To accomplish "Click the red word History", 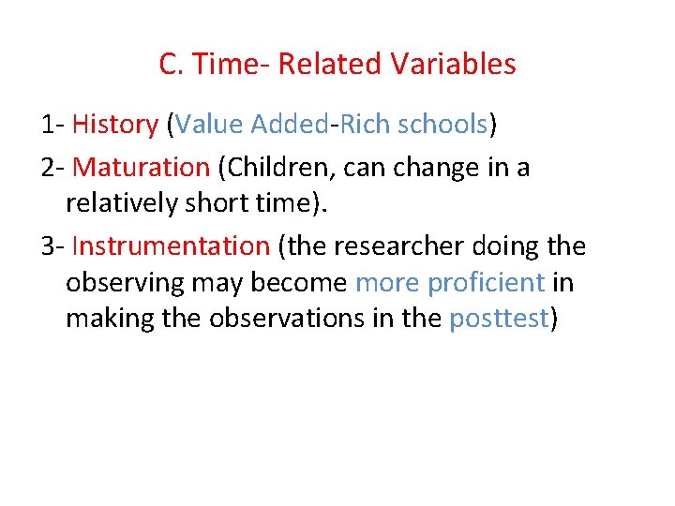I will click(x=115, y=124).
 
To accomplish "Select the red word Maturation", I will click(x=141, y=167).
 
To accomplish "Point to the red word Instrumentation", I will click(x=171, y=246).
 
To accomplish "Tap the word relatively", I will click(x=126, y=202).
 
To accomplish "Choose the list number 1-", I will click(x=52, y=124).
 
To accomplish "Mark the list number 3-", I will click(x=52, y=246).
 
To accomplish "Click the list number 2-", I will click(x=52, y=167).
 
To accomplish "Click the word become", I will click(x=306, y=282).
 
